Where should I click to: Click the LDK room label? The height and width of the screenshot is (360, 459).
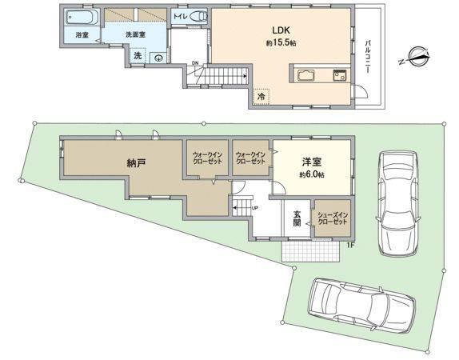point(281,30)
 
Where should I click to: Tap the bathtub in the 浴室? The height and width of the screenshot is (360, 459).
point(82,18)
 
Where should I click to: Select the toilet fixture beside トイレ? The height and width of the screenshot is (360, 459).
point(198,16)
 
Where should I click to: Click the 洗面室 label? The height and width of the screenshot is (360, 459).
point(135,34)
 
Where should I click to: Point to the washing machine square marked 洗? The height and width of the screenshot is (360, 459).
point(138,56)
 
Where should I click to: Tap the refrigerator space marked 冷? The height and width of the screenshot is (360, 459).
point(261,96)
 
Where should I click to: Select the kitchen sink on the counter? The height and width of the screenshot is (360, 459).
point(340,75)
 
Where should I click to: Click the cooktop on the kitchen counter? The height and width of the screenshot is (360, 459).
point(306,75)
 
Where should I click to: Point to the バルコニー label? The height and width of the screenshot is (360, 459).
point(368,57)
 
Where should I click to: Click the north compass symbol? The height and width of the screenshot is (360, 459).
point(414,57)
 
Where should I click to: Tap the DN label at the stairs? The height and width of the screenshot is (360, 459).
point(195,63)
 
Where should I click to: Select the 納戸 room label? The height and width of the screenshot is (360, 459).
point(137,162)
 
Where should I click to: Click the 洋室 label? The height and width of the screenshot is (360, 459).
point(312,162)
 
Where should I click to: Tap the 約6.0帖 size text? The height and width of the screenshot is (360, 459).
point(312,175)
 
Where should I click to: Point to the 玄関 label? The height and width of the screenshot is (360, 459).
point(297,218)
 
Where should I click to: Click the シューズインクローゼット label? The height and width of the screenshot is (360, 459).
point(333,218)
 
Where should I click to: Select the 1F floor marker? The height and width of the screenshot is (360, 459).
point(350,246)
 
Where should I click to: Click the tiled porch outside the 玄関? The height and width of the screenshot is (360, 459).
point(310,252)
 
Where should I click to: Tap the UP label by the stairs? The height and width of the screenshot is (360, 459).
point(254,208)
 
